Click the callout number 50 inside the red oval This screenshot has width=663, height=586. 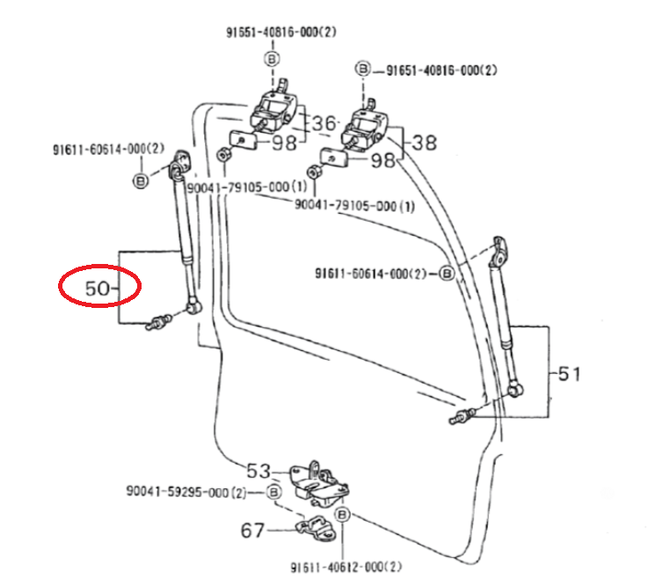tap(98, 288)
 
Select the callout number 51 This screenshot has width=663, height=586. tap(569, 374)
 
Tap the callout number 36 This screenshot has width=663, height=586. tap(324, 124)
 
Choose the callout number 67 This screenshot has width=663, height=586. tap(254, 531)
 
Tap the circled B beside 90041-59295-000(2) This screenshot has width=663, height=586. tap(273, 491)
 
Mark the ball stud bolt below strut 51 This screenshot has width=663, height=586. tap(463, 415)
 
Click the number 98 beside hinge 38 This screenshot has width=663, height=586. tap(383, 160)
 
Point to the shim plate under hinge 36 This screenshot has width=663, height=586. tap(240, 139)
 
